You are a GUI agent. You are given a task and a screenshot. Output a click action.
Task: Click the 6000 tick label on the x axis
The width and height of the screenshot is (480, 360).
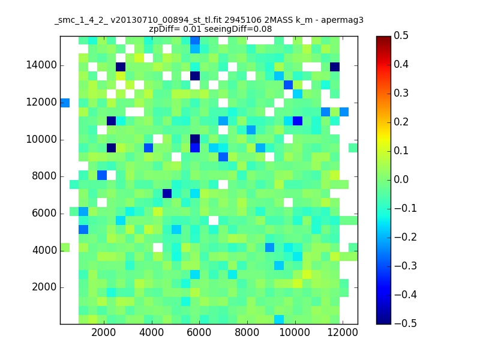click(x=199, y=332)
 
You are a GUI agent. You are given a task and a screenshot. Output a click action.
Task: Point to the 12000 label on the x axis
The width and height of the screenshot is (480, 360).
click(x=343, y=332)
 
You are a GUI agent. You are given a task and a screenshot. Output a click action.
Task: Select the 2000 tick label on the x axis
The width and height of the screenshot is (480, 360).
click(x=103, y=332)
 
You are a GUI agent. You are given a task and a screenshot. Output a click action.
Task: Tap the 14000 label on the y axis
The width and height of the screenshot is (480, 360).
click(x=41, y=65)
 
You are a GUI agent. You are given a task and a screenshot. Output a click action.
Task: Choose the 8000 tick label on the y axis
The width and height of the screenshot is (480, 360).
click(x=44, y=176)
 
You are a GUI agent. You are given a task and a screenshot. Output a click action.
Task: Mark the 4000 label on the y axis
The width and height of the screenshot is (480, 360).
click(x=44, y=250)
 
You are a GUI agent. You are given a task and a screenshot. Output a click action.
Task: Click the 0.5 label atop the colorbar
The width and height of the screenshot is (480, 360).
click(x=401, y=35)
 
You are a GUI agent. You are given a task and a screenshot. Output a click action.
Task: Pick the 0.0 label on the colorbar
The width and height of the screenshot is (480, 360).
click(x=401, y=179)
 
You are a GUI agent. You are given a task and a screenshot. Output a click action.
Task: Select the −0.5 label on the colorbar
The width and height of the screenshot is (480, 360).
click(x=406, y=323)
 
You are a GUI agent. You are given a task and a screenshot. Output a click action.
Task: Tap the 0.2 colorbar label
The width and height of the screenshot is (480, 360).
click(x=401, y=122)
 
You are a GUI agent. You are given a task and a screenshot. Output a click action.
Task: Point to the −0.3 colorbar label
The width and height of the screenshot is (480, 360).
click(x=406, y=266)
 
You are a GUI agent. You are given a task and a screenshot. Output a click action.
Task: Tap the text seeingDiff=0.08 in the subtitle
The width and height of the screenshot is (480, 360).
click(x=238, y=29)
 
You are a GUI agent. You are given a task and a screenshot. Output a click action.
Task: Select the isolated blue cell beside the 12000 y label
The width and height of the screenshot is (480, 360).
click(x=65, y=103)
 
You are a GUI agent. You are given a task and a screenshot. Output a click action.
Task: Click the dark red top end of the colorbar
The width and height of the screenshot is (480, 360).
click(x=383, y=38)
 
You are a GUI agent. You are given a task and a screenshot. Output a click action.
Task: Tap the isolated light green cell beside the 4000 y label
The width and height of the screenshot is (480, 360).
click(x=65, y=247)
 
